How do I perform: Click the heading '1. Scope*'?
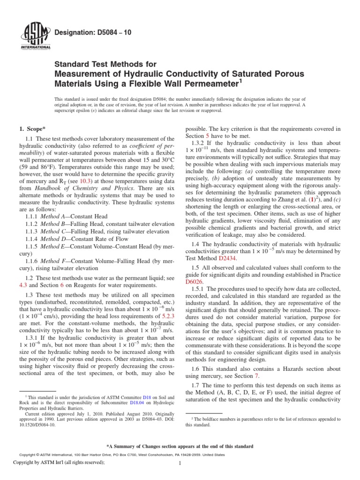tap(32, 128)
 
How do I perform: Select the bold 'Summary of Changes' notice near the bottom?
tap(180, 446)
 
